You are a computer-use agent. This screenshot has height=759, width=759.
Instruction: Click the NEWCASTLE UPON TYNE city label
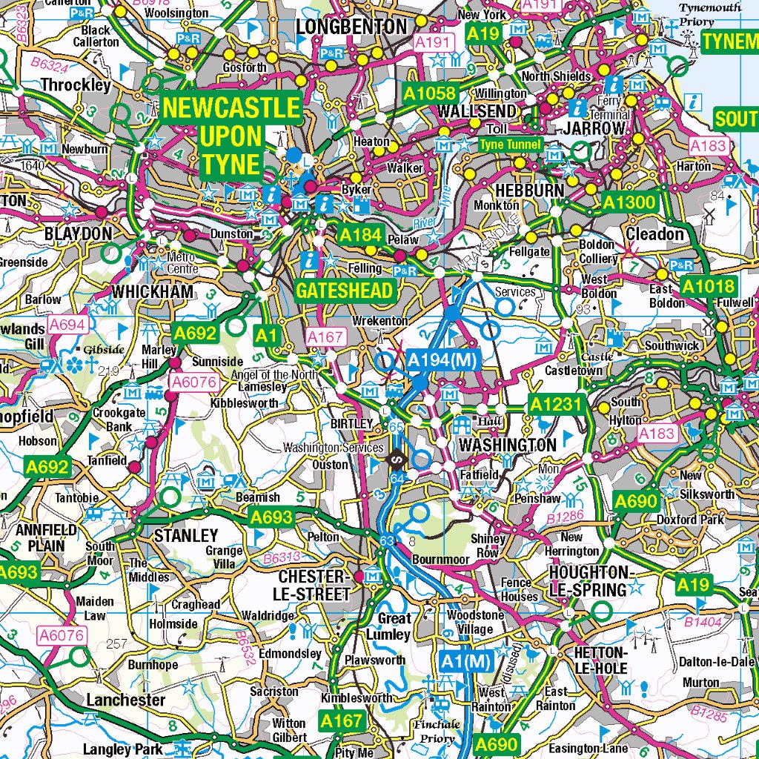coord(231,136)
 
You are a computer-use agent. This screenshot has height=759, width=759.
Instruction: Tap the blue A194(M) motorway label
coord(443,361)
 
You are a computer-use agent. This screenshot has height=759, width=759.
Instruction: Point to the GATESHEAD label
coord(344,291)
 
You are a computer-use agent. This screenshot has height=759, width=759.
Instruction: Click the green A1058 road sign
coord(429,93)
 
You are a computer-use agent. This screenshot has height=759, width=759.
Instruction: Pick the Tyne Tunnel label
coord(511,145)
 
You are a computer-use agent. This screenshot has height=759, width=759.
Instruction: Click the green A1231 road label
coord(557,405)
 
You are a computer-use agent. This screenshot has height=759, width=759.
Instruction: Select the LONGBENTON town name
coord(351,27)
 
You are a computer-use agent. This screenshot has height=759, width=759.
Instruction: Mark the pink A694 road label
coord(67,324)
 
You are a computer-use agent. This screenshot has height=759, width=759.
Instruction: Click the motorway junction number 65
coord(395,428)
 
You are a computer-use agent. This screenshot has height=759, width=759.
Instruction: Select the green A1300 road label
coord(629,202)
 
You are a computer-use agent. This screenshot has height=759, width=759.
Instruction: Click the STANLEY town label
coord(185,535)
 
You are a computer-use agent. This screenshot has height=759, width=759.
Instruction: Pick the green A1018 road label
coord(708,287)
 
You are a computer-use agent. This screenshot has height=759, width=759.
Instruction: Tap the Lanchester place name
coord(126,700)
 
